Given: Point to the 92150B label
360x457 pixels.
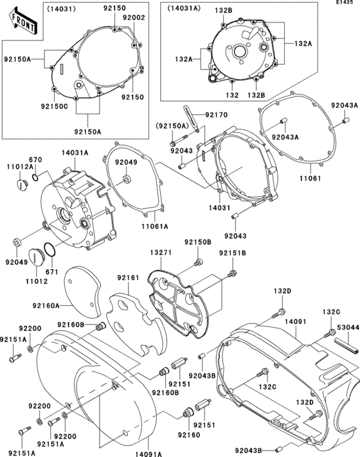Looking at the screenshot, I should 198,242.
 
